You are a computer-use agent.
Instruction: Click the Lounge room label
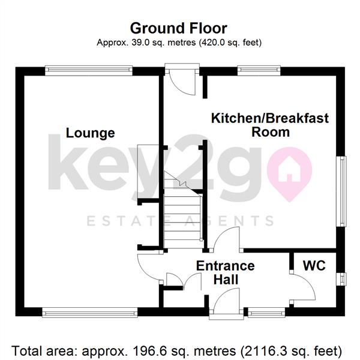[91, 133]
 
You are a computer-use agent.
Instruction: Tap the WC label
[314, 266]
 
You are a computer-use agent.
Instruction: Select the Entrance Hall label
[226, 273]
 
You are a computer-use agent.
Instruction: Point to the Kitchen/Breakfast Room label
[270, 125]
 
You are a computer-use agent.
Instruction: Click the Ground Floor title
[179, 28]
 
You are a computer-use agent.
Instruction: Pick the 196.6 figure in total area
[143, 350]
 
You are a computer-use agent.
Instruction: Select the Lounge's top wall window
[89, 70]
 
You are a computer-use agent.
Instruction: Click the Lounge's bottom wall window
[90, 313]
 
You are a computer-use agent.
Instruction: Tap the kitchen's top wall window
[259, 70]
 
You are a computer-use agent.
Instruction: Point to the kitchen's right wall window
[341, 191]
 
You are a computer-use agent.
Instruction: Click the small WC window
[341, 279]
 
